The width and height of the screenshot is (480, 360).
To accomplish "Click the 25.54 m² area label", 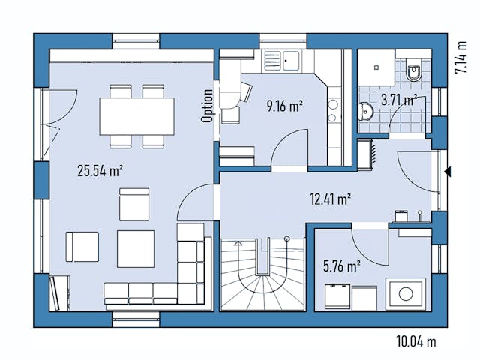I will [100, 170].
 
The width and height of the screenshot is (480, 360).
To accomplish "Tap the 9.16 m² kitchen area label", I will [284, 106].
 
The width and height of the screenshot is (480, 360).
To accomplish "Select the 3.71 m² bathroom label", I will [399, 98].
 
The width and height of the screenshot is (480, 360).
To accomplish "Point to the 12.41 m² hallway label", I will [331, 199].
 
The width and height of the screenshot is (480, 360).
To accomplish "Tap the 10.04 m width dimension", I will [416, 342].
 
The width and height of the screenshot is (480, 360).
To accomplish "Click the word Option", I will [207, 106].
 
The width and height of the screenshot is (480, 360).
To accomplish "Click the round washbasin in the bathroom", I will [366, 112].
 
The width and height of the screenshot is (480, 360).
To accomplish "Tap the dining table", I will [137, 115].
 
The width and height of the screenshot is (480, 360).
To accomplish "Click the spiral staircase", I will [262, 274].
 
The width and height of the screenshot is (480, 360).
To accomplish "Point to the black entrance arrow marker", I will [447, 172].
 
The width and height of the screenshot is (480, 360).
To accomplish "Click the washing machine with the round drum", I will [405, 293].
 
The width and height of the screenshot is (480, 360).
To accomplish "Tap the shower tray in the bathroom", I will [373, 67].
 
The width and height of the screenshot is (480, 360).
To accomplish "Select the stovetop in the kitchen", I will [332, 110].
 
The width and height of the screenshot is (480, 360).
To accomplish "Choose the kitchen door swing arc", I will [289, 150].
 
